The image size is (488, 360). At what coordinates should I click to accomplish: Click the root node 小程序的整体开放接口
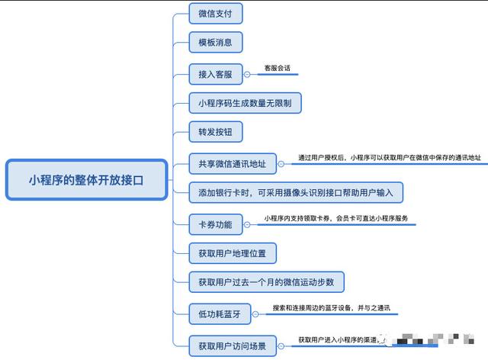86,181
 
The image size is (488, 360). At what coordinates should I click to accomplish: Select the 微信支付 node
215,14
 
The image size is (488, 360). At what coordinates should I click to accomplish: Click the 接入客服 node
215,74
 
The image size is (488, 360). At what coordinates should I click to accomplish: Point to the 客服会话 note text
278,68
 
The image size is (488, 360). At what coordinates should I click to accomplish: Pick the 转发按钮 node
215,132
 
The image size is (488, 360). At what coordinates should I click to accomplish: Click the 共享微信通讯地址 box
232,163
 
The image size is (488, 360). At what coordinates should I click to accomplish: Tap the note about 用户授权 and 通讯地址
378,158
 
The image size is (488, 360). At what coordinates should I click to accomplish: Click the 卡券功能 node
215,224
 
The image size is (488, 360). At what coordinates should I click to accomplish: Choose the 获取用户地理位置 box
232,252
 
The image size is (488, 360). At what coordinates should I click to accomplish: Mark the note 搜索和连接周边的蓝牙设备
331,308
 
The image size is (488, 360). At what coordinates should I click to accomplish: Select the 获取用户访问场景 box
232,346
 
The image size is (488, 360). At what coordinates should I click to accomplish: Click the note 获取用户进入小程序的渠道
347,339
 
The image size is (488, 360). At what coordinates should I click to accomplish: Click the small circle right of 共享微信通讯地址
281,163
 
